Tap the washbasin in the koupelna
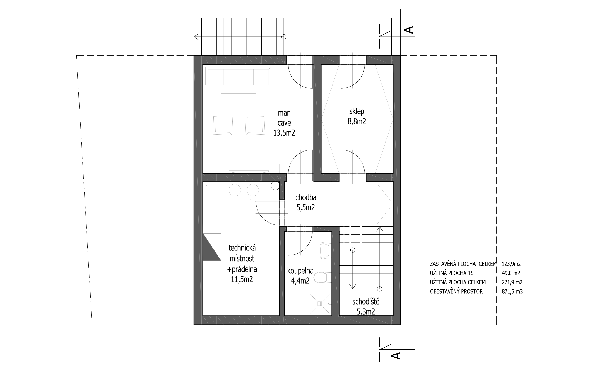[325, 250]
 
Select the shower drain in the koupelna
[320, 304]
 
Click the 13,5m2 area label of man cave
[284, 132]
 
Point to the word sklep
[357, 111]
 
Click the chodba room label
[306, 197]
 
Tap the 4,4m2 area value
[300, 281]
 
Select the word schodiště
[366, 302]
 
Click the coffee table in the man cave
[239, 101]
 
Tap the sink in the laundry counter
[215, 190]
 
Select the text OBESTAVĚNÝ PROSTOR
[456, 291]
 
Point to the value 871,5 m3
[512, 291]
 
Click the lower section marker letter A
[396, 355]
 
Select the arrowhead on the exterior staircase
[196, 37]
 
